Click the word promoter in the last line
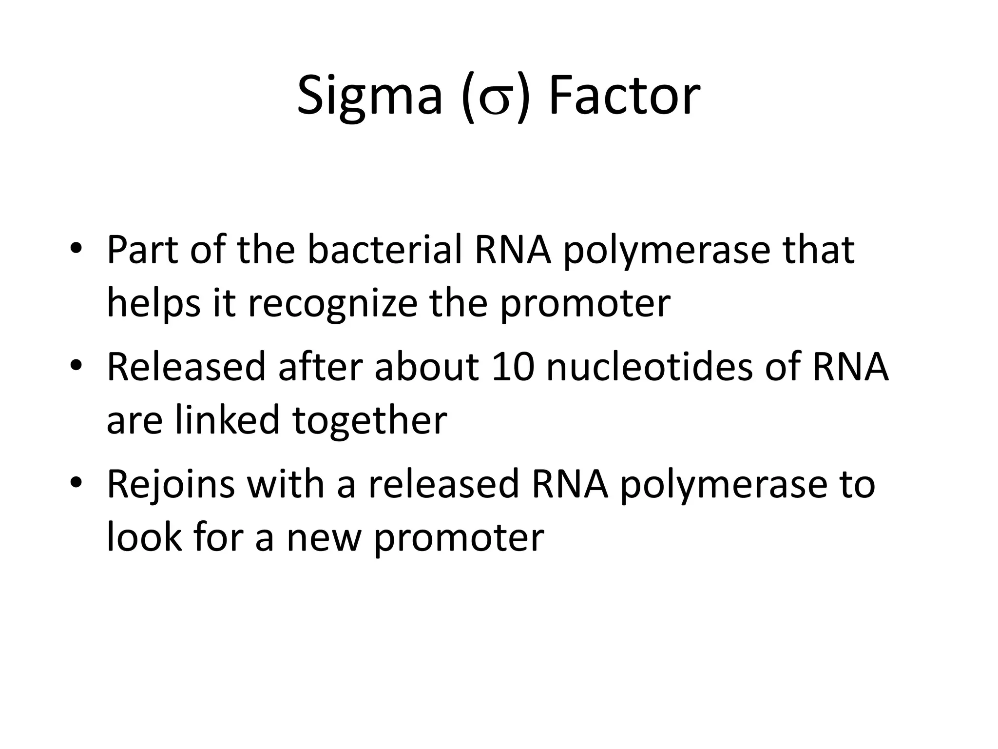[459, 540]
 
